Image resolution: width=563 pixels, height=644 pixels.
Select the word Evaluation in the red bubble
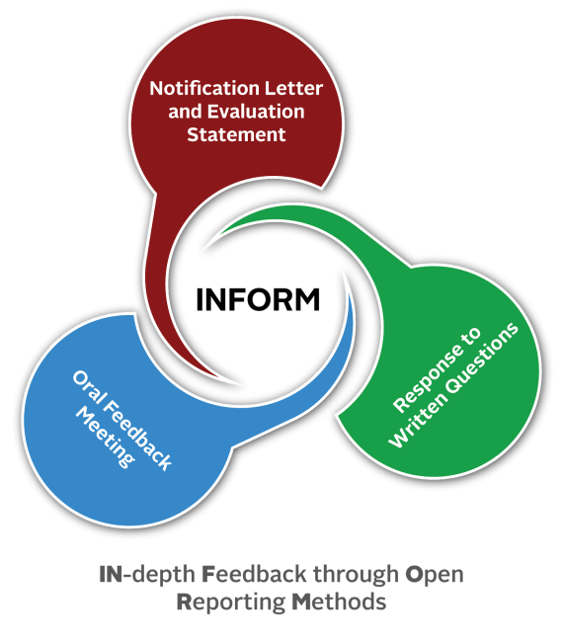(251, 111)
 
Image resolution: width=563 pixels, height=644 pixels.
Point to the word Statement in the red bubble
(236, 133)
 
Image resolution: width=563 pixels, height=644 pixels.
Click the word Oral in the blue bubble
(87, 385)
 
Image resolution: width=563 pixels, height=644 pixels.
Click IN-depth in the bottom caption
(147, 574)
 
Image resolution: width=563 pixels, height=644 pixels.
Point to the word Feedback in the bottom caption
(255, 574)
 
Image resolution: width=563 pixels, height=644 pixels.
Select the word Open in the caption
(434, 574)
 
